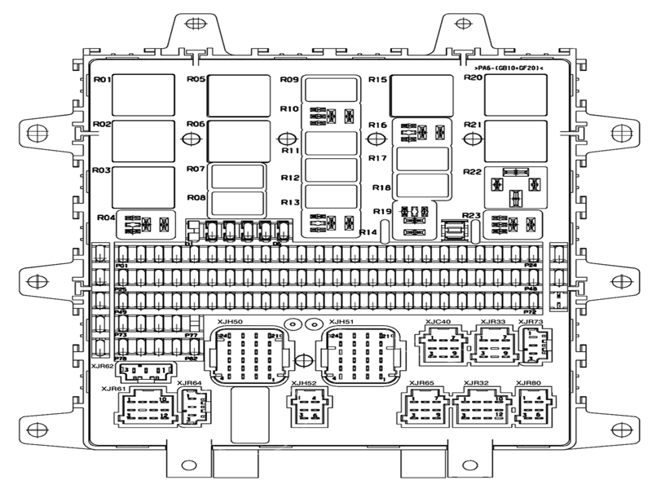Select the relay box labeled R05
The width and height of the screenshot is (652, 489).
[239, 95]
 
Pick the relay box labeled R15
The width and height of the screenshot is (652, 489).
[421, 95]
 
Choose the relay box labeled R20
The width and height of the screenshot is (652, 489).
[514, 95]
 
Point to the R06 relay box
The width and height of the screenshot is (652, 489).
[239, 140]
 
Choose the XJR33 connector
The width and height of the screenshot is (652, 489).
[492, 346]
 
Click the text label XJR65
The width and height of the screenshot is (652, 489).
[422, 383]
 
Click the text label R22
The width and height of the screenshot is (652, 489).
[473, 172]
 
